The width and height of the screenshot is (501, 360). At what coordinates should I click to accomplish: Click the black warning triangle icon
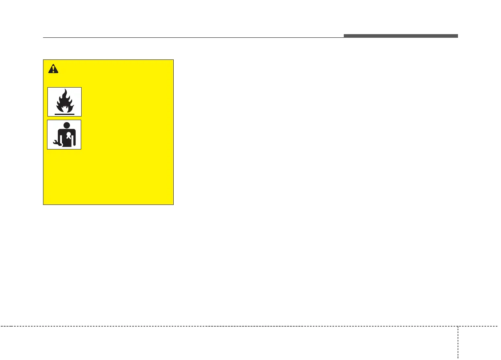click(53, 69)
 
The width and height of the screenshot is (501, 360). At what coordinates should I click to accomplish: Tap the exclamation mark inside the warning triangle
click(53, 70)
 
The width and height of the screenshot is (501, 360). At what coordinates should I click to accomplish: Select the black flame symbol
click(64, 101)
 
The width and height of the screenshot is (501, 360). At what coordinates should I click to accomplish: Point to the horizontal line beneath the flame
click(64, 114)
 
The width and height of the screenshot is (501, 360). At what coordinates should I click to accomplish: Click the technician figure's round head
click(64, 125)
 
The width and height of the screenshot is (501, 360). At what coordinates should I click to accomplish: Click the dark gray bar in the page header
click(400, 36)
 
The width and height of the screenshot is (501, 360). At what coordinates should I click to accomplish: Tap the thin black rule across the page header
click(193, 38)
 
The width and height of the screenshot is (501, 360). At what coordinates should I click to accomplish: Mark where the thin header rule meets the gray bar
click(344, 37)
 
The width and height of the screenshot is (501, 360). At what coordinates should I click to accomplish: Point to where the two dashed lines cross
click(458, 326)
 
